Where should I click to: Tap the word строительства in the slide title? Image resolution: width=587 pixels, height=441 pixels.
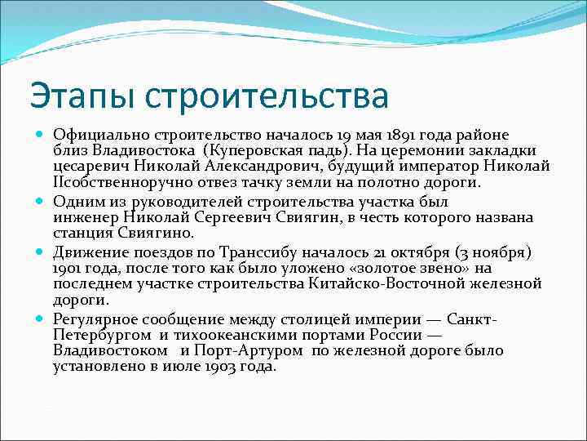(267, 96)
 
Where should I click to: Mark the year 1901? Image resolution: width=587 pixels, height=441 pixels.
(68, 268)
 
